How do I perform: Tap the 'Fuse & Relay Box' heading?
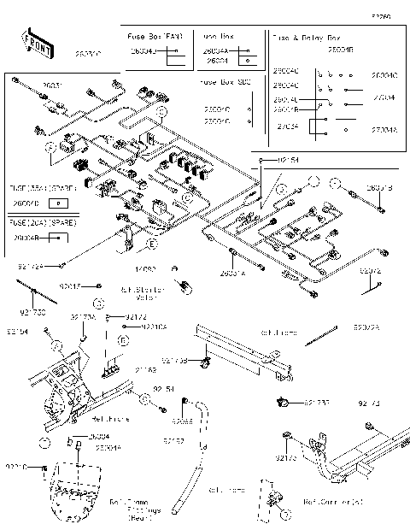305,38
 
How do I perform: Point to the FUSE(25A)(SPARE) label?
42,186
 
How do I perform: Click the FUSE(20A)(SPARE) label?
42,221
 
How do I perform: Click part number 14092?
144,269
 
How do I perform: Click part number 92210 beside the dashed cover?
16,467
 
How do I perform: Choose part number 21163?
146,370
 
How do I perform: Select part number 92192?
173,441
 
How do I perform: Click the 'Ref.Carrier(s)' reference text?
333,503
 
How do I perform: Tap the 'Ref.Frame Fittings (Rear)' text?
135,509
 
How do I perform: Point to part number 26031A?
232,273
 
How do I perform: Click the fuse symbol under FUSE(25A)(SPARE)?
57,203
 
